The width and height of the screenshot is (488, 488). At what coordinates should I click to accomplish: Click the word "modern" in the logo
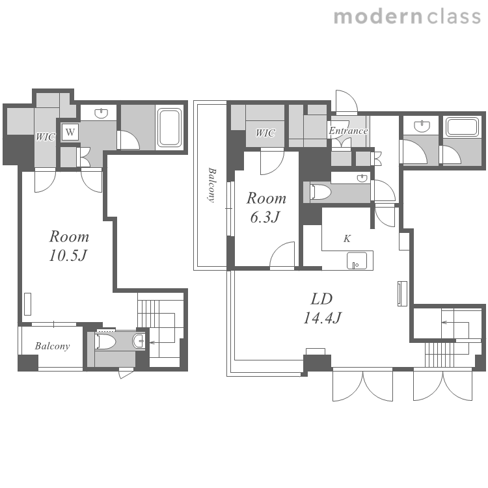click(x=378, y=17)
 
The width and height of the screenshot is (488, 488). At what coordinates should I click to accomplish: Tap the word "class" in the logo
click(x=454, y=17)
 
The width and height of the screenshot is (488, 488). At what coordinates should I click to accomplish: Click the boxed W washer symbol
click(x=70, y=132)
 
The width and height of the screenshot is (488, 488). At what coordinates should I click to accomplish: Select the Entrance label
click(x=348, y=131)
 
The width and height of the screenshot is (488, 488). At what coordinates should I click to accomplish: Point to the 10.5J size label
click(x=68, y=256)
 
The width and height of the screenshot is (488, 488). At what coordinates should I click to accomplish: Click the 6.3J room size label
click(x=265, y=217)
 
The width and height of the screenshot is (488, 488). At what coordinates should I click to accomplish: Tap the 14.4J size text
click(x=323, y=318)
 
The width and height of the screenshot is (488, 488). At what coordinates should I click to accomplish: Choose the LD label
click(x=322, y=299)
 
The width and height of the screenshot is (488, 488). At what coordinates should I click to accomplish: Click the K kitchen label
click(x=347, y=239)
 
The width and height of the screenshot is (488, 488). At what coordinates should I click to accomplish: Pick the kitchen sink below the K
click(x=357, y=260)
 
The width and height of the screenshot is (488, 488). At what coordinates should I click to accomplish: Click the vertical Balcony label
click(x=212, y=185)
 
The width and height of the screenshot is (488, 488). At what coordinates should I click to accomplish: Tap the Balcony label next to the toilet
click(x=52, y=346)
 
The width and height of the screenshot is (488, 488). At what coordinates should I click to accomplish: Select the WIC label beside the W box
click(x=45, y=137)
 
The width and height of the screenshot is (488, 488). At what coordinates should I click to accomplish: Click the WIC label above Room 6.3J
click(x=265, y=133)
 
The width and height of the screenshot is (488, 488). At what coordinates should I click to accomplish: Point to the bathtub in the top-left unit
click(x=169, y=128)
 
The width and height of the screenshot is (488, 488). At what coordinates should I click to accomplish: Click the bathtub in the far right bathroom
click(x=462, y=127)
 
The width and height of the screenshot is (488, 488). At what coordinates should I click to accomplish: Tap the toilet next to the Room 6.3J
click(x=320, y=191)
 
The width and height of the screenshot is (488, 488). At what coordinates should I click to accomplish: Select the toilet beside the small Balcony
click(x=105, y=342)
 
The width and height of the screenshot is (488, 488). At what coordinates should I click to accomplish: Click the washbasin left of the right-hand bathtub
click(x=422, y=126)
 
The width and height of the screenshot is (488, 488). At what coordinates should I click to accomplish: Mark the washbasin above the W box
click(x=101, y=113)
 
